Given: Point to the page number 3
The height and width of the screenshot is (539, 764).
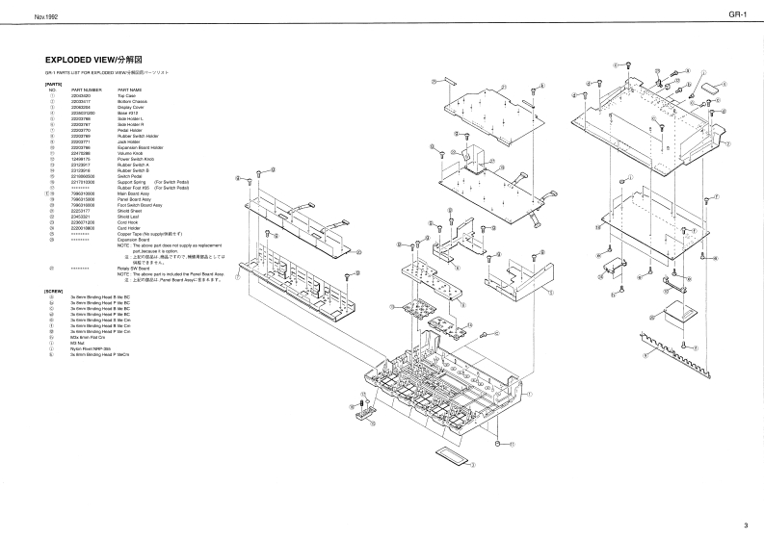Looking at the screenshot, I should pyautogui.click(x=746, y=525).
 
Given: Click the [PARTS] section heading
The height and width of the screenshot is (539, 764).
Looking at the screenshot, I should pyautogui.click(x=53, y=84).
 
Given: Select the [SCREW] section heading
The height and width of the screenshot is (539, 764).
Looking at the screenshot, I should pyautogui.click(x=54, y=291).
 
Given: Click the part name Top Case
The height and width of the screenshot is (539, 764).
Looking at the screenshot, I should pyautogui.click(x=125, y=95).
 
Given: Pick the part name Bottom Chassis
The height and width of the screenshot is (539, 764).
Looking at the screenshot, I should pyautogui.click(x=131, y=101).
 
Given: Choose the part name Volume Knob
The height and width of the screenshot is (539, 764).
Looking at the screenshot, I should pyautogui.click(x=129, y=152).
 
